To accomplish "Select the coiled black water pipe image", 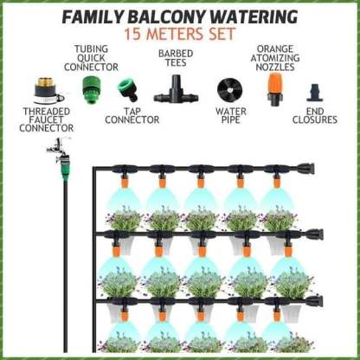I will click(229, 89).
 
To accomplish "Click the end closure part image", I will click(315, 93).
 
